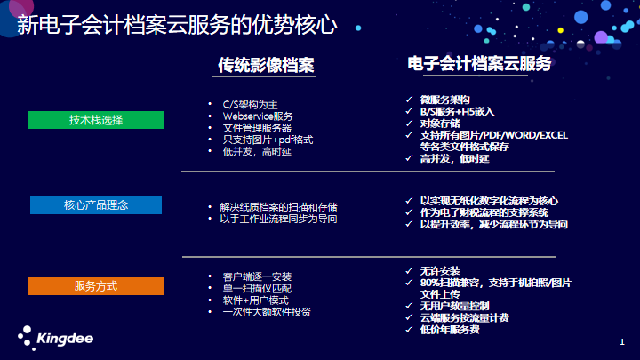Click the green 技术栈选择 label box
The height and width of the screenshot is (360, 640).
click(x=96, y=120)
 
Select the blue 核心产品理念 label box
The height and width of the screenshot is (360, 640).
click(x=96, y=205)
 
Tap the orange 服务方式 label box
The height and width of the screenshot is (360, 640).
click(x=96, y=286)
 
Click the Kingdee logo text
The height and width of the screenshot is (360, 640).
click(x=65, y=339)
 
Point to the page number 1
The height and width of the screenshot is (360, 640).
click(x=622, y=342)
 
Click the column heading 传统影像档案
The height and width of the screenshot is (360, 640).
click(x=266, y=65)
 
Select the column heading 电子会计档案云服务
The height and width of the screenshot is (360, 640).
click(x=479, y=63)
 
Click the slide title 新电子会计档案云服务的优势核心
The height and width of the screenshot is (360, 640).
click(x=177, y=25)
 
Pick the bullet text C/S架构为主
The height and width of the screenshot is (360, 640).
click(x=250, y=105)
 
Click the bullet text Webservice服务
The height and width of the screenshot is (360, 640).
click(x=258, y=116)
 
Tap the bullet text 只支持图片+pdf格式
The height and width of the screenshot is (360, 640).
click(x=268, y=140)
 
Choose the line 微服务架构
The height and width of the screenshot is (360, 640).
click(x=445, y=100)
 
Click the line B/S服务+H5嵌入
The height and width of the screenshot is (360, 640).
click(x=457, y=111)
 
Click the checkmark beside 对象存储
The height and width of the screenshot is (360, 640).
click(x=409, y=123)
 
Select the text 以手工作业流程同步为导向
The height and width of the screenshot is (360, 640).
click(x=278, y=219)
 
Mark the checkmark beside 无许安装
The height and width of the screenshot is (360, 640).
click(x=409, y=270)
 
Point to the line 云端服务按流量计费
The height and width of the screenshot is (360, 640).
click(x=465, y=317)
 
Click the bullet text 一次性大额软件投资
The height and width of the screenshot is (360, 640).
click(x=267, y=312)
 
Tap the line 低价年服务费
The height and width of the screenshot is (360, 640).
click(x=450, y=330)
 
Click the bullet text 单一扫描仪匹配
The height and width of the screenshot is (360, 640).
click(x=257, y=289)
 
